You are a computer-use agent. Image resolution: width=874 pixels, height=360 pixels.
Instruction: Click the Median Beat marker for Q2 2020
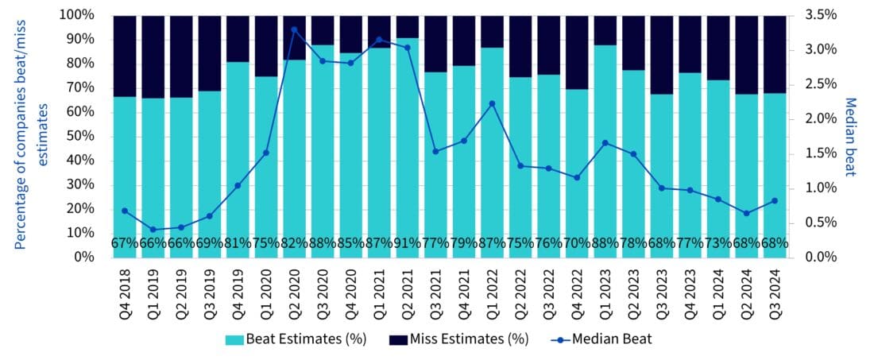294,29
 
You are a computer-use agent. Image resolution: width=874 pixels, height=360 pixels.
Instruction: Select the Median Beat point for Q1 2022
493,103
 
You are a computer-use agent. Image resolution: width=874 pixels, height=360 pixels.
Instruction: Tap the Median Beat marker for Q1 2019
153,230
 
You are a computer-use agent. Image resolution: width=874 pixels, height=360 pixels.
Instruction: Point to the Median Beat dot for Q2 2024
746,213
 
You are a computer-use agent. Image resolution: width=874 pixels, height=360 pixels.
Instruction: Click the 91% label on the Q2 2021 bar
408,243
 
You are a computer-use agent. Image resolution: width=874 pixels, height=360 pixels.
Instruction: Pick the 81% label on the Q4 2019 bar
238,243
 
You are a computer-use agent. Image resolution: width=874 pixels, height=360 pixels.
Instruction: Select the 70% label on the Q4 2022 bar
577,243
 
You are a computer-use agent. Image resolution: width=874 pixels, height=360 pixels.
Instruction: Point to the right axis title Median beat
849,136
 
